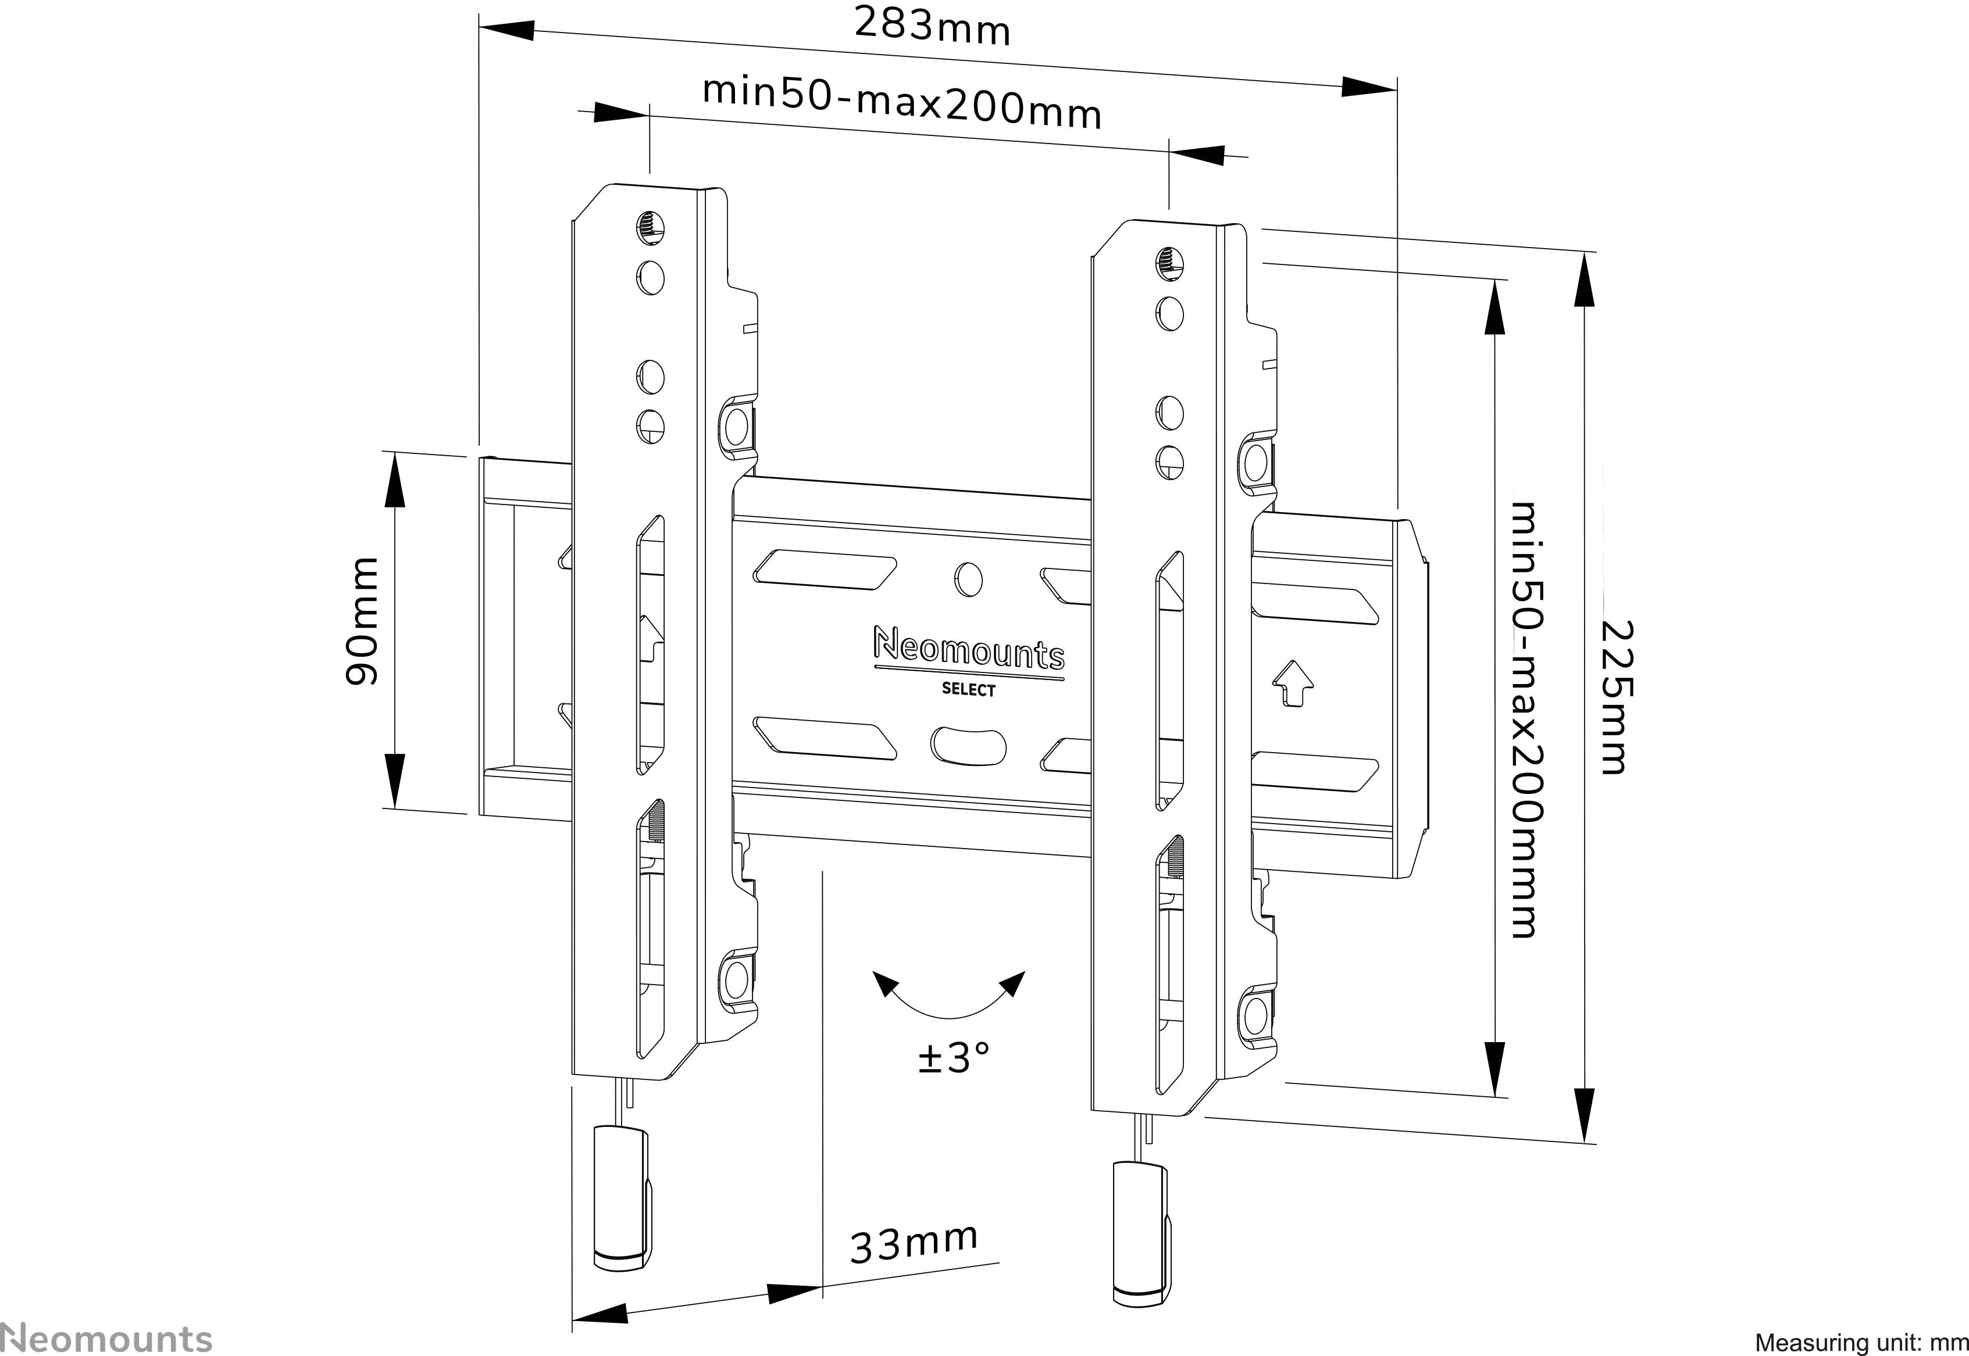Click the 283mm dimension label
[x=932, y=26]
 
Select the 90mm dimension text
[x=363, y=621]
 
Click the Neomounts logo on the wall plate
[x=968, y=651]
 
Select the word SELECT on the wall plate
[x=968, y=690]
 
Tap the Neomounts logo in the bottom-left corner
[x=106, y=1336]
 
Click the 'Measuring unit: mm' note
[x=1860, y=1343]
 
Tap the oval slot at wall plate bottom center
[x=968, y=743]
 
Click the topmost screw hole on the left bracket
[x=650, y=227]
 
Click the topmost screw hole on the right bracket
[x=1170, y=262]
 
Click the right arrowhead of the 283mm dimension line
[x=1368, y=86]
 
